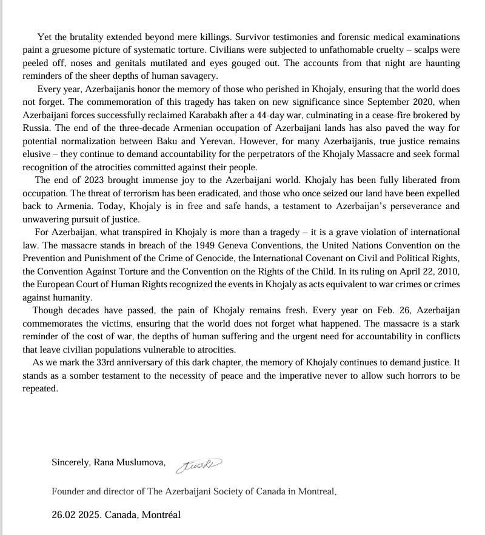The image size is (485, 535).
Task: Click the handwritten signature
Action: (x=199, y=465)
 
